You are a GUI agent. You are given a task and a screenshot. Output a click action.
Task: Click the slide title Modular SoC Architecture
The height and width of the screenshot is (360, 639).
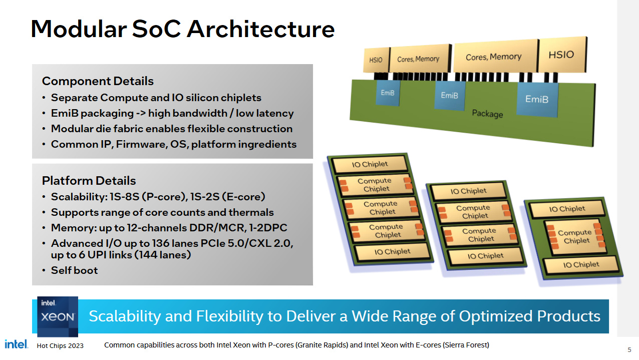click(x=182, y=29)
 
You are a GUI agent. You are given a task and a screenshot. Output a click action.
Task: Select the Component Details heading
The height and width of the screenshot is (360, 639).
click(x=98, y=81)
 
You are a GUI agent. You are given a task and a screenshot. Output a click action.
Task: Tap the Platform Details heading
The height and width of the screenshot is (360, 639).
click(x=89, y=181)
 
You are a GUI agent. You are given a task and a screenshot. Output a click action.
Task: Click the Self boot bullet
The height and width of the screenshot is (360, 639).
click(x=74, y=270)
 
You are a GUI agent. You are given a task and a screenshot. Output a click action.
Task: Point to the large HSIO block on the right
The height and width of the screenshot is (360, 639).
click(x=561, y=54)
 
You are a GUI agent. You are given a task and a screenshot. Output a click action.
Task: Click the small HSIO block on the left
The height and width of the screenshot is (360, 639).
click(x=376, y=60)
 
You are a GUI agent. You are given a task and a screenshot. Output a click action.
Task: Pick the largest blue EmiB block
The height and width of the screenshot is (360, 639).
click(x=537, y=99)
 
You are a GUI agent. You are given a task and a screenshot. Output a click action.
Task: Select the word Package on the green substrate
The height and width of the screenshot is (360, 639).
click(x=487, y=114)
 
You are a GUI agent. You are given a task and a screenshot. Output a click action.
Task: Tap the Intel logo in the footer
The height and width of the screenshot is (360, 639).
click(x=16, y=344)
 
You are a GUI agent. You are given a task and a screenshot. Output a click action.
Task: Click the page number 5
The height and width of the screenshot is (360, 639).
click(x=629, y=349)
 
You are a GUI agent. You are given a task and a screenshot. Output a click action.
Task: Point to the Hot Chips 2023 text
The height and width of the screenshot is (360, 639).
click(x=60, y=345)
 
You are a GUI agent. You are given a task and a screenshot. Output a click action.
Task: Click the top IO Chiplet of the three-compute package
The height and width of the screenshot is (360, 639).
click(x=370, y=164)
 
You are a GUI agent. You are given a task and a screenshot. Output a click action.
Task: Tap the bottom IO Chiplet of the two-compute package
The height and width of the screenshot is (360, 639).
click(x=485, y=256)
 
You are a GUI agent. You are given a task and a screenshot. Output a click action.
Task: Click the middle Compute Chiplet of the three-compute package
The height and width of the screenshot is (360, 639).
click(x=381, y=208)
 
